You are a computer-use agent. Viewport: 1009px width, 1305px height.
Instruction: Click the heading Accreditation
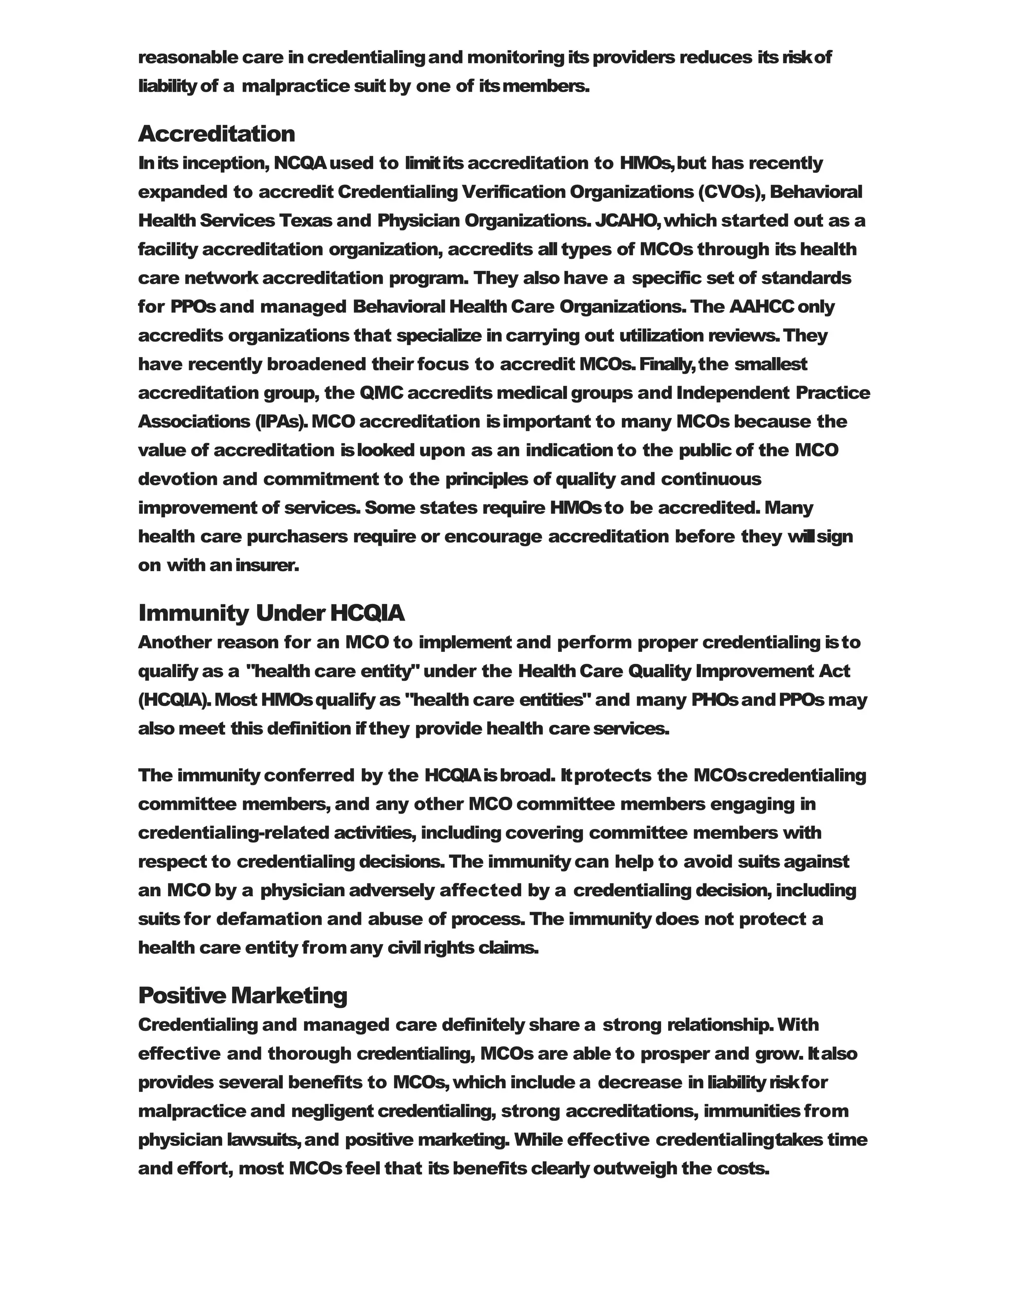[x=216, y=134]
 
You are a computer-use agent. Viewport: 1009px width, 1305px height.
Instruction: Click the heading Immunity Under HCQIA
[x=271, y=613]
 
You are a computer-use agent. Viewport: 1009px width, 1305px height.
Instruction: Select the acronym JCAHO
[x=627, y=221]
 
